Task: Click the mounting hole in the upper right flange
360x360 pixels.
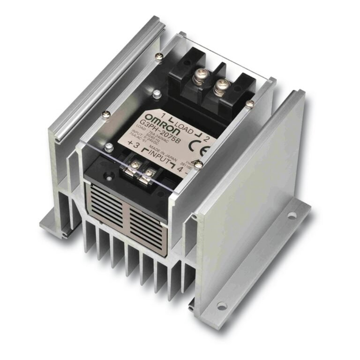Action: (x=292, y=216)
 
